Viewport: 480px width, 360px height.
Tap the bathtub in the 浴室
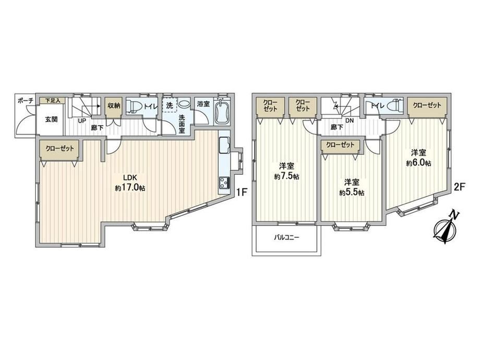pos(223,112)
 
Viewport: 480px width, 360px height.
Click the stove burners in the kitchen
pos(224,183)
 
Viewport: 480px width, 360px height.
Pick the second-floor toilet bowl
pos(394,105)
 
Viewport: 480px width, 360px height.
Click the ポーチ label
pos(25,101)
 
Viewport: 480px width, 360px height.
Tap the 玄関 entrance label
pos(51,119)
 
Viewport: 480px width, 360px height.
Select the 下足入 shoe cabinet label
pos(53,100)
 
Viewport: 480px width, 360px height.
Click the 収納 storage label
pos(114,105)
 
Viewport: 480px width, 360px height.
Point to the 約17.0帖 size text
pos(130,188)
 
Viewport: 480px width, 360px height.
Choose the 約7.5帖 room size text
pos(286,177)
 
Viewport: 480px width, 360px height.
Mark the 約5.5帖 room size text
pos(352,193)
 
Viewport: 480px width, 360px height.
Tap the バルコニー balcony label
pos(286,237)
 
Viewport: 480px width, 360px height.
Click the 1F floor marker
pos(242,192)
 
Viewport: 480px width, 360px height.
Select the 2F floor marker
pos(460,187)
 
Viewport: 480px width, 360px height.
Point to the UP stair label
pos(81,121)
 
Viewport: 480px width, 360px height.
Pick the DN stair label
pos(349,121)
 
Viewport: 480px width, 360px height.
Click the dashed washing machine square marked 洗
pos(170,105)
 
